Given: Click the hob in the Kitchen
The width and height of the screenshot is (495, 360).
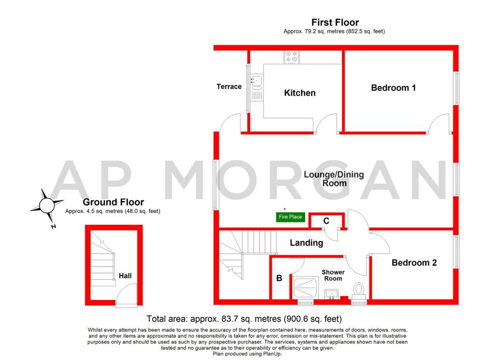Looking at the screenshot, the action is pos(291,57).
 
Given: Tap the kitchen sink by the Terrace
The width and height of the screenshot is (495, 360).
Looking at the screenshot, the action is pos(257,88).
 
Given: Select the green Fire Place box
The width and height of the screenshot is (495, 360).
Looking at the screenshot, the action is pos(291,217).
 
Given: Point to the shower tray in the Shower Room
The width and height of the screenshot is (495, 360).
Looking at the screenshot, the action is pos(305,288).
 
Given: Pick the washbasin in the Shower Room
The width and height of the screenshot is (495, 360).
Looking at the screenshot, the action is pos(332,294).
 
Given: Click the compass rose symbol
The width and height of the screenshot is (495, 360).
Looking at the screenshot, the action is pos(47,206).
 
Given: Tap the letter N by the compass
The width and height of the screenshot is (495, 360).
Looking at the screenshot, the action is pos(53,226).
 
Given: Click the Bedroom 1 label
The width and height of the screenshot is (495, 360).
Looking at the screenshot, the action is pos(393,88).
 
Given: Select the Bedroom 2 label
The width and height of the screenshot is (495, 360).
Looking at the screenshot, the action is pos(414,263).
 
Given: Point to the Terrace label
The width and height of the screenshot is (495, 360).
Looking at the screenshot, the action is pos(229,87).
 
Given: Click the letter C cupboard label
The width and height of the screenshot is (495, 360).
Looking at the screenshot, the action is pos(326,221).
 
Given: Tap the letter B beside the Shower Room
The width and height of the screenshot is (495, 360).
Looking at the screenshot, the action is pos(279,278).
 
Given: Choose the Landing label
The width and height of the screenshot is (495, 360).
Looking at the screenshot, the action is pos(306,243).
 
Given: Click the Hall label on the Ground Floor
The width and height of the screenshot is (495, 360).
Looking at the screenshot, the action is pos(125,276).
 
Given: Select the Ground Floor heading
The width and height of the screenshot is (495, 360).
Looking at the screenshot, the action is pos(113,202).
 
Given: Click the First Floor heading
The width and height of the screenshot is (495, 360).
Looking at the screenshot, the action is pos(335,22).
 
